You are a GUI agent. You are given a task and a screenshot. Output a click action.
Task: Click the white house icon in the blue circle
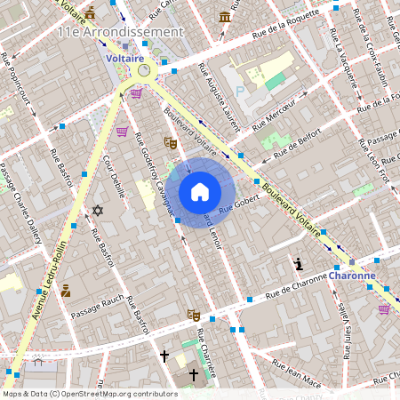[x=200, y=192]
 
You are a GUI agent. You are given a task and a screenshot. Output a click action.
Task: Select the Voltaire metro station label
[x=124, y=58]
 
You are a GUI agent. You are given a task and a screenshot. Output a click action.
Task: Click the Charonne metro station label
[x=352, y=276]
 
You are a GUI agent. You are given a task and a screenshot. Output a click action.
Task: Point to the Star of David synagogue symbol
[x=98, y=211]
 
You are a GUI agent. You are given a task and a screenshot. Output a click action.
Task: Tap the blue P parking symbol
[x=238, y=92]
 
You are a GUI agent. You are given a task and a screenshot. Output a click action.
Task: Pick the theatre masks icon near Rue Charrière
[x=193, y=315]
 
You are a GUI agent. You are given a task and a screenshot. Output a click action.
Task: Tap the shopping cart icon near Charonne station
[x=384, y=308]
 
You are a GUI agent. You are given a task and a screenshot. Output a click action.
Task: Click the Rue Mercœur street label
[x=276, y=114]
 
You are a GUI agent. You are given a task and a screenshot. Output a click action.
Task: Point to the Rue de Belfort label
[x=296, y=145]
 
